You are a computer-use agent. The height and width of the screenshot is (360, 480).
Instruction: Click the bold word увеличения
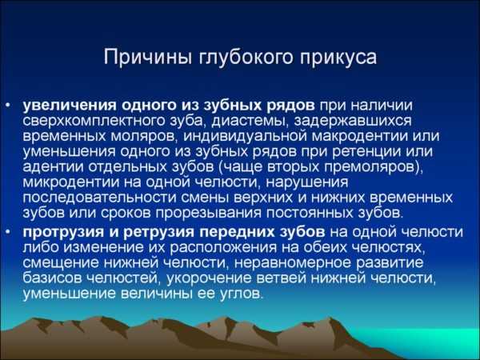tap(70, 106)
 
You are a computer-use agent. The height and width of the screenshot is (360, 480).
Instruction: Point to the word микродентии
tap(70, 182)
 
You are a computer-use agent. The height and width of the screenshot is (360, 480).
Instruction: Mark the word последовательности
tap(99, 198)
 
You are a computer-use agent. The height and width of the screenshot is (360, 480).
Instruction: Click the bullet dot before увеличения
tap(8, 106)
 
